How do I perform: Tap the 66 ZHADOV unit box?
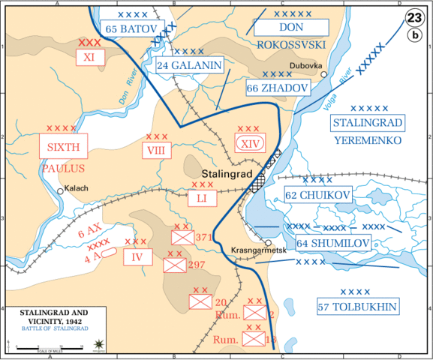[277, 88]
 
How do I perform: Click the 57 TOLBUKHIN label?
[357, 305]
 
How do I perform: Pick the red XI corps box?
[89, 57]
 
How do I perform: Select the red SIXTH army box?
[63, 145]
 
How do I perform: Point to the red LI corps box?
[201, 198]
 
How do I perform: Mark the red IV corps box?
[137, 257]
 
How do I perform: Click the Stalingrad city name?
[220, 173]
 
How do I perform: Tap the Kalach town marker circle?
[59, 191]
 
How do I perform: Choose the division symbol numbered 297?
[176, 265]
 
